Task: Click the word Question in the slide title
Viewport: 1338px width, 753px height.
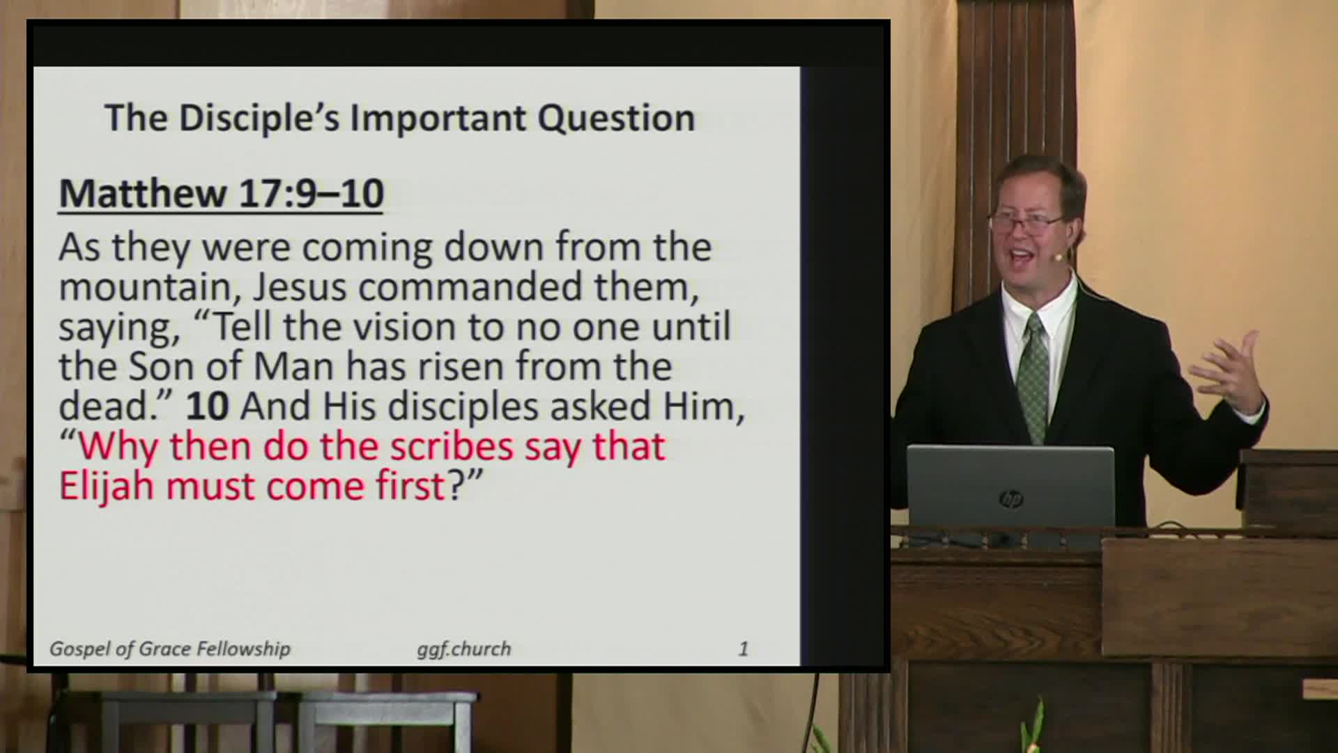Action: pos(616,119)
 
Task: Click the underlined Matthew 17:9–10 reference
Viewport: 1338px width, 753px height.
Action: pos(221,193)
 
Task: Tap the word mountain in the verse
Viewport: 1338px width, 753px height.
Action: pos(144,287)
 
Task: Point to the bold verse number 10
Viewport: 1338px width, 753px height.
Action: pos(207,406)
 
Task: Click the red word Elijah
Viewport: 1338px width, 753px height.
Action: pos(107,486)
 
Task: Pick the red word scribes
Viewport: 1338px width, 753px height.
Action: pos(451,446)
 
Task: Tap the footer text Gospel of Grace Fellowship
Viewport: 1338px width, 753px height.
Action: pos(169,649)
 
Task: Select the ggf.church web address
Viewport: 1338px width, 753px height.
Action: pos(463,650)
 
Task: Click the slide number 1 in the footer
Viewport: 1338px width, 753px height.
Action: pos(743,649)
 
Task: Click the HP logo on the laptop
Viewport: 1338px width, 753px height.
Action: pos(1010,499)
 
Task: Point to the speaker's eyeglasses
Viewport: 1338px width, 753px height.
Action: pos(1028,222)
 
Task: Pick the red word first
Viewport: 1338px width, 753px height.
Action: pos(410,486)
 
